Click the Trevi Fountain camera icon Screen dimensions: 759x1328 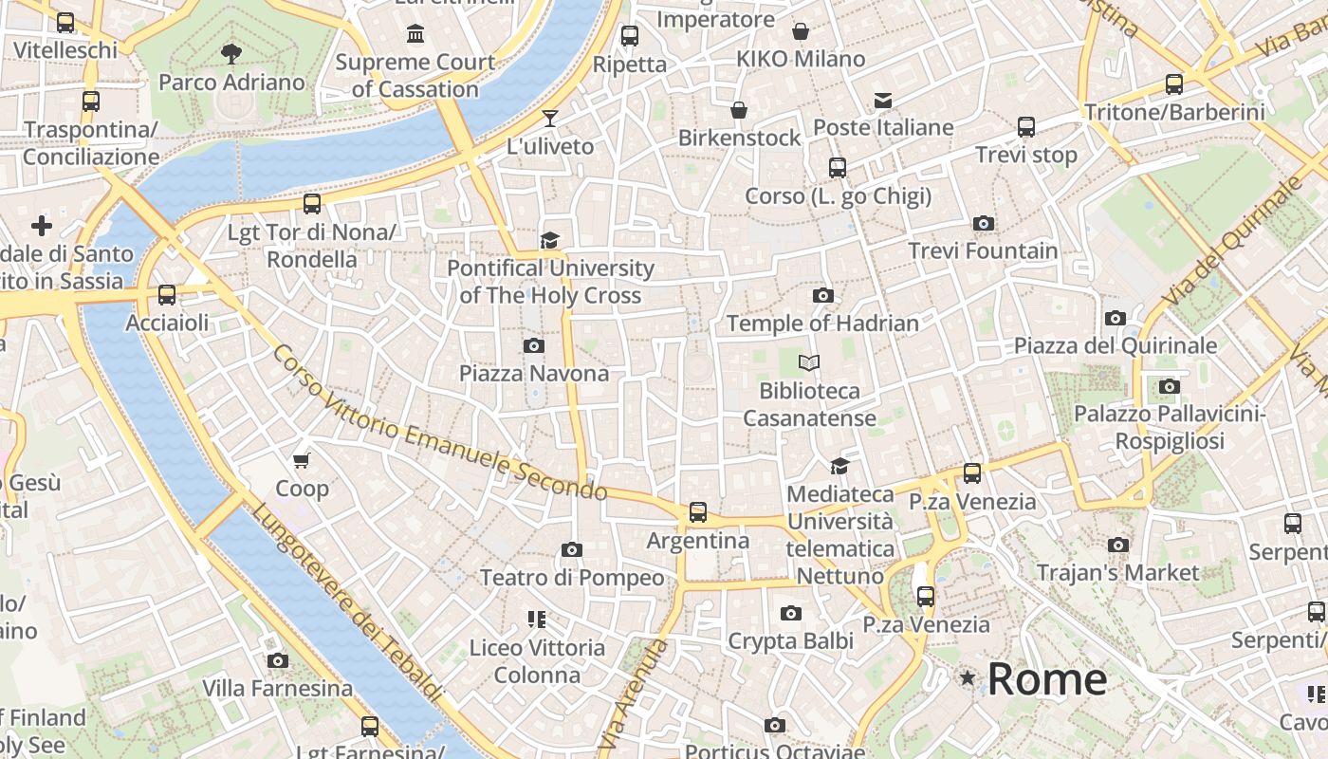pos(984,224)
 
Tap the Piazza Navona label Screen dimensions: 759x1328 pos(534,373)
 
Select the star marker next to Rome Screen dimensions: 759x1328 pos(968,677)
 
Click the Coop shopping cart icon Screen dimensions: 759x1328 pos(302,461)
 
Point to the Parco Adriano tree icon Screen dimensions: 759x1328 pos(231,54)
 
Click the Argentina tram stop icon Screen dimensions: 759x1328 pos(698,512)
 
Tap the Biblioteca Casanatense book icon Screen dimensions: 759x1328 pos(809,362)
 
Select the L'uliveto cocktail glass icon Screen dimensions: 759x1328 pos(550,119)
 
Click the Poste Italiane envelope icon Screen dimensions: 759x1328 pos(883,100)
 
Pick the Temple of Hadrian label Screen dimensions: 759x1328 pos(822,324)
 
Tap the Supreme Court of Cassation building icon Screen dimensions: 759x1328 pos(415,35)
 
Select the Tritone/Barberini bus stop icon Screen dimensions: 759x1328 pos(1174,84)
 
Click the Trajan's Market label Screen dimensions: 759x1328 pos(1117,572)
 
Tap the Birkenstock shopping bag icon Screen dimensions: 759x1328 pos(739,110)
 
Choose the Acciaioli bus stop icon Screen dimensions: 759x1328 pos(167,295)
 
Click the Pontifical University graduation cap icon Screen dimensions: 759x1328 pos(550,240)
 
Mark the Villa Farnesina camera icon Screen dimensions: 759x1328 pos(277,660)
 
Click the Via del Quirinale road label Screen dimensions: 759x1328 pos(1228,242)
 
